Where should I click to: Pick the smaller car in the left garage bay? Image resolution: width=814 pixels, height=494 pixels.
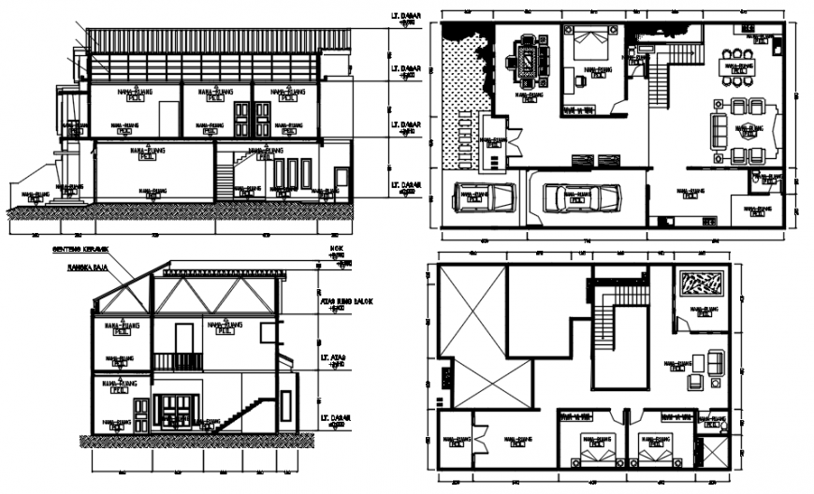(x=485, y=196)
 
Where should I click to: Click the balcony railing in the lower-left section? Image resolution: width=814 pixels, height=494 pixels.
(x=178, y=361)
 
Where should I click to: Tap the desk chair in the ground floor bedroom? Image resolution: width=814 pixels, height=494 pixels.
(x=581, y=81)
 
